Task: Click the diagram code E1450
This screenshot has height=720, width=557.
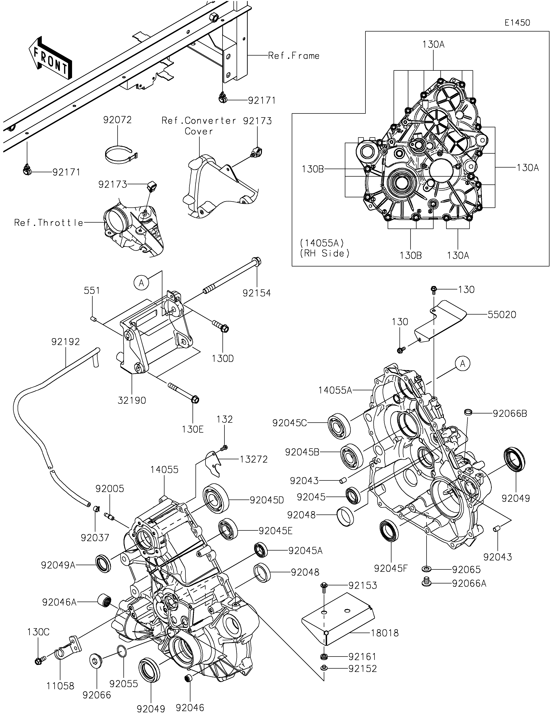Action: [517, 23]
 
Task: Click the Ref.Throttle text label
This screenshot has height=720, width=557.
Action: [49, 223]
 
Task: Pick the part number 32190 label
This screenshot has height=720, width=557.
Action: [132, 401]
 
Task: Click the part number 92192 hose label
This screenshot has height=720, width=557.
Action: [66, 342]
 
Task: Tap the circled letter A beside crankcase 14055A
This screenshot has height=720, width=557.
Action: [463, 364]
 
